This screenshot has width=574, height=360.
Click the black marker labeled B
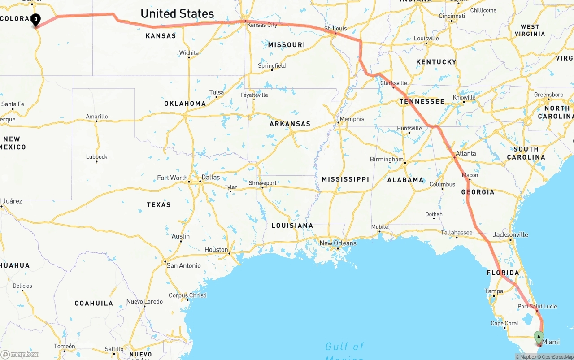pos(35,20)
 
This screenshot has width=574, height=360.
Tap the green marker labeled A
pos(539,337)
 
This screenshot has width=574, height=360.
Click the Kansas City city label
pos(262,25)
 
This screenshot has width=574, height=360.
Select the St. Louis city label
pos(336,29)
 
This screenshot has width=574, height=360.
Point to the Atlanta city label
pos(465,153)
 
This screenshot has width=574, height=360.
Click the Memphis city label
pos(352,119)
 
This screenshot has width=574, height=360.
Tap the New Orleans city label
pos(338,243)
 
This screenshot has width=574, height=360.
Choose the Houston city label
pos(216,250)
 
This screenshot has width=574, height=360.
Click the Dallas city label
pos(211,177)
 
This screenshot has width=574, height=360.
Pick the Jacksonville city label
pos(510,234)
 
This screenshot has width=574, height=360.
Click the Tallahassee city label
pos(457,232)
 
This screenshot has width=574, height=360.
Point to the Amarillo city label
pos(97,117)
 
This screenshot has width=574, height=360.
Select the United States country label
pos(177,13)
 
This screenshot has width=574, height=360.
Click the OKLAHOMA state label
pos(185,104)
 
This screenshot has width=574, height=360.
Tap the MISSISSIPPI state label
pos(345,179)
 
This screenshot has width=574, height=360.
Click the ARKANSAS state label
pos(290,124)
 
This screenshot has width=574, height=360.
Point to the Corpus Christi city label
pos(187,295)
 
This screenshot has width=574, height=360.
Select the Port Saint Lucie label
pos(537,307)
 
